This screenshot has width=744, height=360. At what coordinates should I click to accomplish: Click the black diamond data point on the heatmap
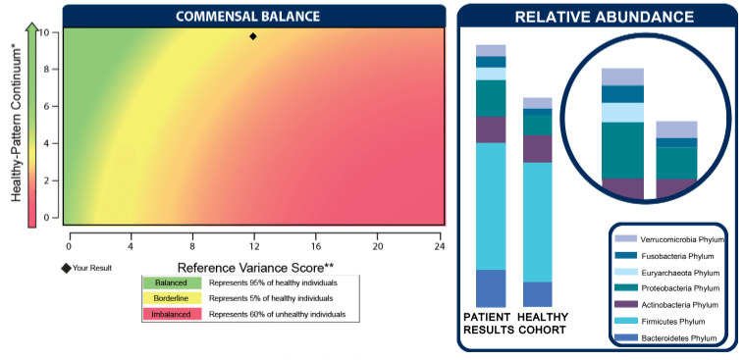(253, 36)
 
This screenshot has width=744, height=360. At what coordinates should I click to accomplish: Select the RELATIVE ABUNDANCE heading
(605, 17)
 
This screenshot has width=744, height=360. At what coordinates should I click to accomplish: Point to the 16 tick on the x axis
(316, 236)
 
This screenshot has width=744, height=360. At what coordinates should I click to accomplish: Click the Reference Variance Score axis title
(256, 267)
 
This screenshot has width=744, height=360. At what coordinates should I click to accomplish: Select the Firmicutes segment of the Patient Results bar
(491, 206)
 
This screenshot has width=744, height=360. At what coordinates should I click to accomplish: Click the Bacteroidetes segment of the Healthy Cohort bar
(537, 294)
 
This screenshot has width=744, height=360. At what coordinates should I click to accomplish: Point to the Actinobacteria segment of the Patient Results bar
(491, 129)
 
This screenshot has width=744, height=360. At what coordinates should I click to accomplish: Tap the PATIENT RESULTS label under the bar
(490, 323)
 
